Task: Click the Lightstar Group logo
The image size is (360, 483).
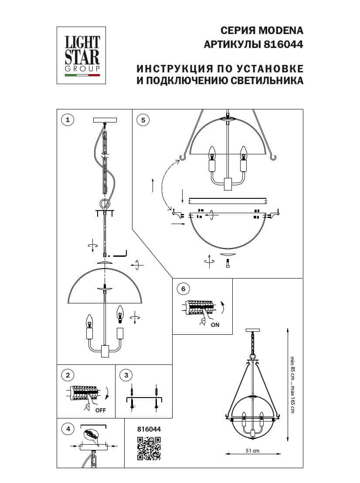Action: point(82,55)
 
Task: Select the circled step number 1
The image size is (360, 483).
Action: point(67,120)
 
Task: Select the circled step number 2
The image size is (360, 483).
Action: point(67,375)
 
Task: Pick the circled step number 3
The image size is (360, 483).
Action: point(126,375)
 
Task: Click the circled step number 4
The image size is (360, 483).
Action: point(67,429)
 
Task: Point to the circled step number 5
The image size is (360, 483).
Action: point(143,120)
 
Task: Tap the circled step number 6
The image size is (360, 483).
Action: point(183,289)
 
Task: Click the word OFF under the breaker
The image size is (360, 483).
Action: point(101,410)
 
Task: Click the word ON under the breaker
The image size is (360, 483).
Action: point(215,325)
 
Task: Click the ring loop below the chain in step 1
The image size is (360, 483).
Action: point(105,204)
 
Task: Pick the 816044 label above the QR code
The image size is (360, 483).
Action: point(149,429)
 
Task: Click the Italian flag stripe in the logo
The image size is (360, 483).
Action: point(82,75)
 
